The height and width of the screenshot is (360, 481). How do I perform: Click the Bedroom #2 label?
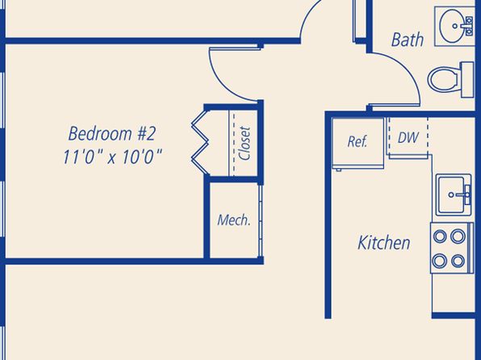click(x=112, y=133)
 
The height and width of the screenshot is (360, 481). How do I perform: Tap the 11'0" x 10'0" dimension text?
click(x=112, y=157)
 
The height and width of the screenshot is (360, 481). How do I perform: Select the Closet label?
click(x=245, y=144)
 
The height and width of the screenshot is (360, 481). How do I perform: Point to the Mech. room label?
click(x=234, y=220)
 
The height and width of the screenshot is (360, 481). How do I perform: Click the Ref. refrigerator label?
click(x=358, y=141)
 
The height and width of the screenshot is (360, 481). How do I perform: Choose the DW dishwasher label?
click(x=408, y=137)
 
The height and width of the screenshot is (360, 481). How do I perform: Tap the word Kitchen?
click(x=384, y=242)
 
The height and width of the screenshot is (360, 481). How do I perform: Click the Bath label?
click(x=408, y=40)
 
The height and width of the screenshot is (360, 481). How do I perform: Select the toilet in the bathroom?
click(x=451, y=80)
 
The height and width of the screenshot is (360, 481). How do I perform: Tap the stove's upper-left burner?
click(x=440, y=236)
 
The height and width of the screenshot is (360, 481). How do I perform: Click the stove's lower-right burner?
click(x=458, y=261)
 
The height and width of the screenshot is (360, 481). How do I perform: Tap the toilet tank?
click(x=467, y=80)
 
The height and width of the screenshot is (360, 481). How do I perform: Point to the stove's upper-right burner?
click(x=458, y=236)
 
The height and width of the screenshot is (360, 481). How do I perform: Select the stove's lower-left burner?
click(x=440, y=261)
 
